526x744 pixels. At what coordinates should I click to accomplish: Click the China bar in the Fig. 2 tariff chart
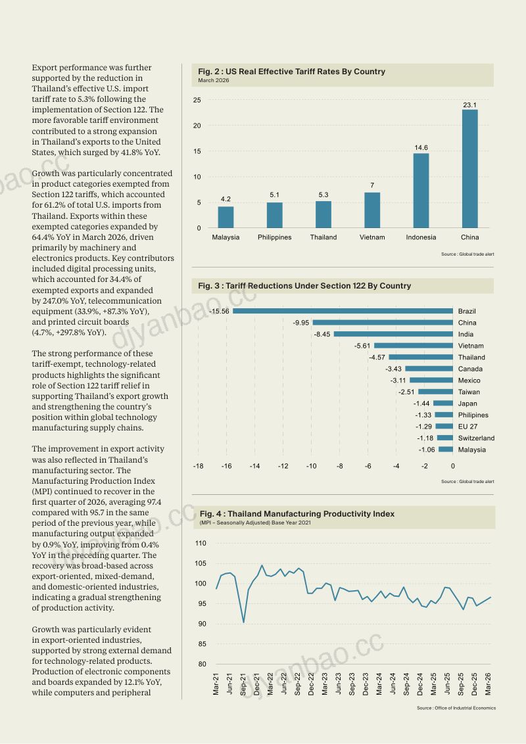click(x=469, y=169)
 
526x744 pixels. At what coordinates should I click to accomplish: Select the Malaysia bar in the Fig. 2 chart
click(x=226, y=218)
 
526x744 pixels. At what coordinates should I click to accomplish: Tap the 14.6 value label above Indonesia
click(x=421, y=148)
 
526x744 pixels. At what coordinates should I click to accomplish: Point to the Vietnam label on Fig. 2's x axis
click(x=372, y=237)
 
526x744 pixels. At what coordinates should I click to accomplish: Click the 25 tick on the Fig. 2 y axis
click(x=197, y=100)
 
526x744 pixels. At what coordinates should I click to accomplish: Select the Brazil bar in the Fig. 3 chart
click(x=343, y=312)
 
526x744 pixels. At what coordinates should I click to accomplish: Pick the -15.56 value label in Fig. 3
click(x=219, y=312)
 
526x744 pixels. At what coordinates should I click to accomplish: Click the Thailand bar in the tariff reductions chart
click(x=421, y=358)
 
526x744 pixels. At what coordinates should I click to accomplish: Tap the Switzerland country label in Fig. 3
click(x=476, y=438)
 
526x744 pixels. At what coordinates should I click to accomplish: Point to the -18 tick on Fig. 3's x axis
click(x=198, y=466)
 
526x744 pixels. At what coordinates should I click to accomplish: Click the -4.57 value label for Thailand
click(x=377, y=358)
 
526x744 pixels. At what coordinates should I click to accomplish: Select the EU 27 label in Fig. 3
click(x=467, y=427)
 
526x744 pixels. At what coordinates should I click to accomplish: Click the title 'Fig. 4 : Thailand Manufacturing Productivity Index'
click(x=297, y=514)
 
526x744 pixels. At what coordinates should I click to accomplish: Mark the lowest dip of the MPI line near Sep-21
click(x=243, y=622)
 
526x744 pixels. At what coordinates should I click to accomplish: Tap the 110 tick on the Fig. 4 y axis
click(x=201, y=544)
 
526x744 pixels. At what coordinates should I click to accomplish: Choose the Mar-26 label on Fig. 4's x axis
click(x=488, y=684)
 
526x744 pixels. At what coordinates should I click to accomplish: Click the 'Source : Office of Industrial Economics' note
click(x=456, y=708)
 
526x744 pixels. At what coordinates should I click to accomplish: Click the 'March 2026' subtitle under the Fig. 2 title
click(x=214, y=80)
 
